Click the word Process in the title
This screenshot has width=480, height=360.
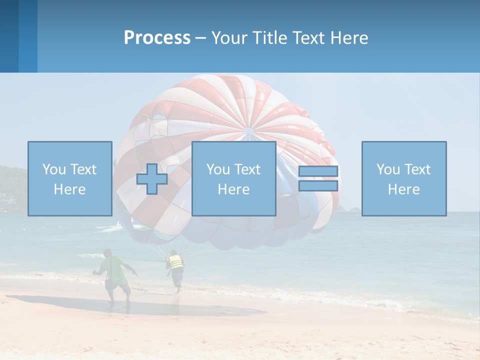(157, 38)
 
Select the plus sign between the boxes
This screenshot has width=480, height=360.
(152, 179)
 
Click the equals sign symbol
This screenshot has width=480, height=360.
(318, 178)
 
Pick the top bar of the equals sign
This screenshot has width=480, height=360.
(318, 171)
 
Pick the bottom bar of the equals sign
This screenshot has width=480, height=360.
(318, 186)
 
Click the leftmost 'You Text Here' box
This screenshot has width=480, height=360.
(70, 178)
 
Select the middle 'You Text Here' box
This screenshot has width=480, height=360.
(233, 178)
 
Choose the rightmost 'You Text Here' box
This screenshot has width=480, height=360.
(404, 178)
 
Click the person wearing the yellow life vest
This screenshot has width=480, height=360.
(175, 267)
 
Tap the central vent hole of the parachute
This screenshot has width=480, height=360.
(248, 131)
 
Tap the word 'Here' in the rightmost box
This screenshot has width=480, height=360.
(404, 189)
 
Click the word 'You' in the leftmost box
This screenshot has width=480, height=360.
(54, 169)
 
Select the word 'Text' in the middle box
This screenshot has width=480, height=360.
(247, 169)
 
